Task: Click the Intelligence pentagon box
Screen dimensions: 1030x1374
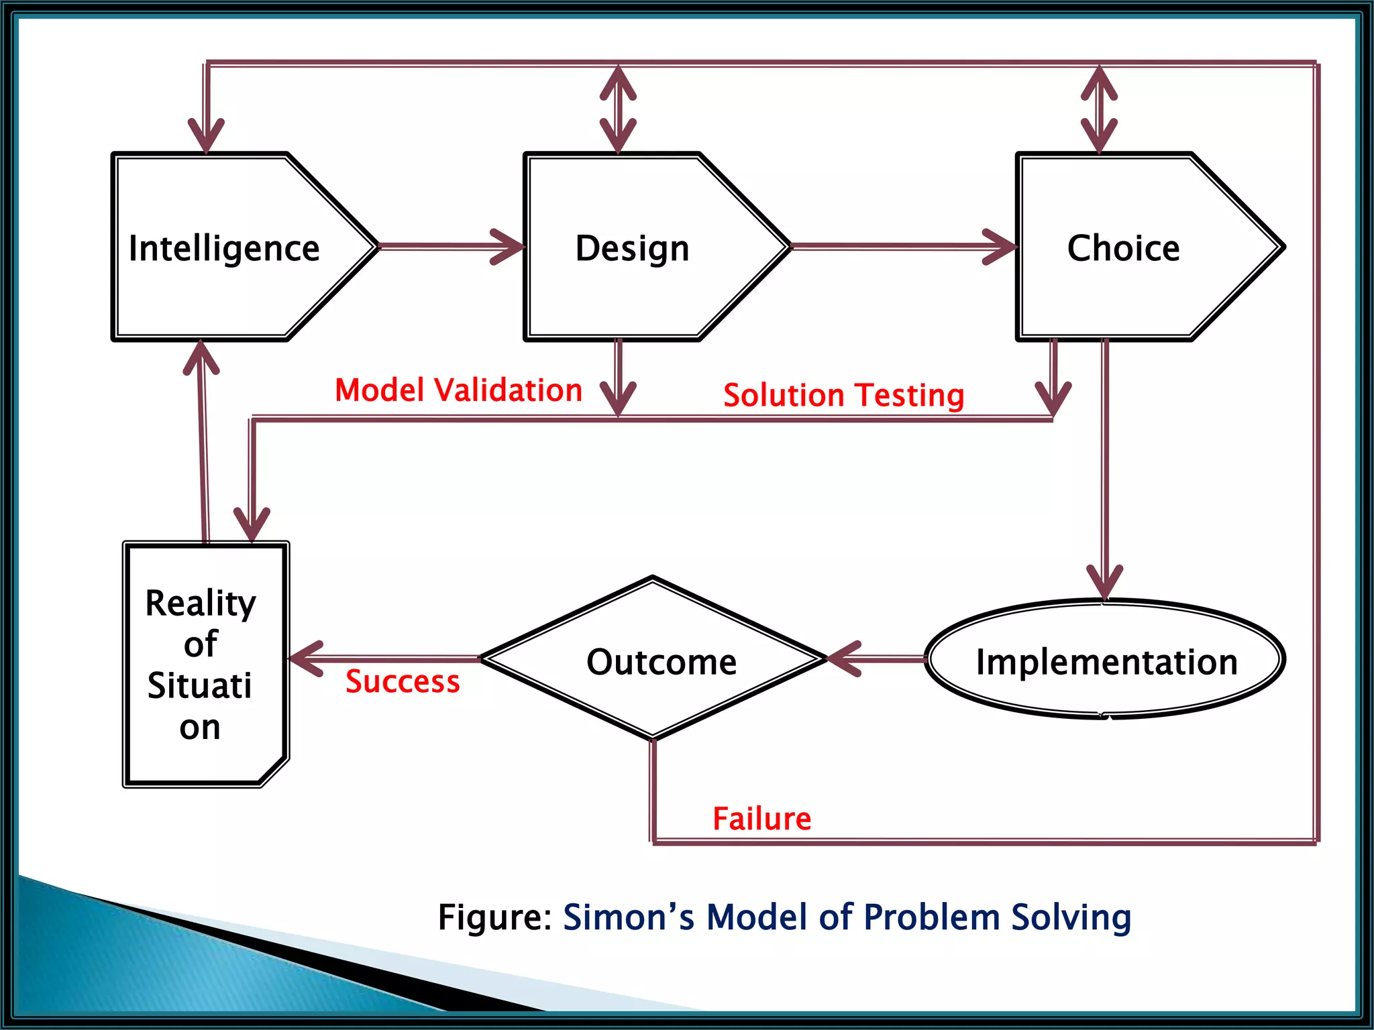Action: pos(228,247)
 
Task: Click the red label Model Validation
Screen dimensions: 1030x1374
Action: pos(458,390)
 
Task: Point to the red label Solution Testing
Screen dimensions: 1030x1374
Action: pos(843,395)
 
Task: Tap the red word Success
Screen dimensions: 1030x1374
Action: pos(403,681)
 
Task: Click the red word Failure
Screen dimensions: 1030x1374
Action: pos(761,819)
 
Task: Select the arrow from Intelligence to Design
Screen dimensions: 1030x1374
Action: pos(450,247)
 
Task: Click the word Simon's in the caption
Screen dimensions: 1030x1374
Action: pos(629,917)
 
